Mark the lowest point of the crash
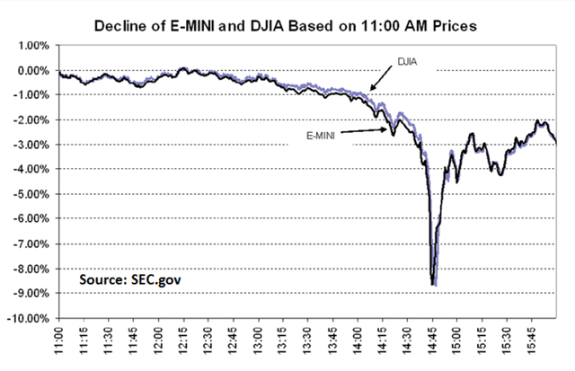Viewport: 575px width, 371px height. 434,285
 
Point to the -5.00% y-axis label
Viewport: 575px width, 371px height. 31,194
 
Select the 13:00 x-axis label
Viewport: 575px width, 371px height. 258,342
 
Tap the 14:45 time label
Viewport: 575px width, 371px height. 432,342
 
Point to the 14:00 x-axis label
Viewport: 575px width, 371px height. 358,342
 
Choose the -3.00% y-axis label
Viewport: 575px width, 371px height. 31,145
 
